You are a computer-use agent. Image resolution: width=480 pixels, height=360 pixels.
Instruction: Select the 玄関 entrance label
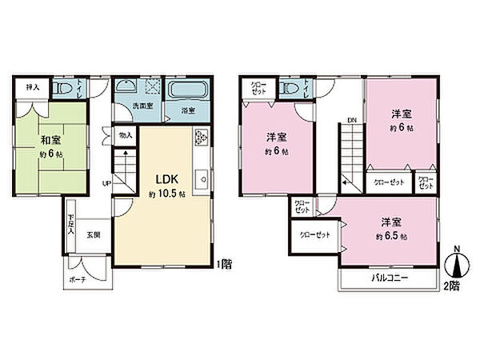click(94, 234)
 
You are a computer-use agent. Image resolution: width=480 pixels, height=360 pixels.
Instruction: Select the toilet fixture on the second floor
click(290, 87)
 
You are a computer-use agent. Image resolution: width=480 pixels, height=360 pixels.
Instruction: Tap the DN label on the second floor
click(351, 121)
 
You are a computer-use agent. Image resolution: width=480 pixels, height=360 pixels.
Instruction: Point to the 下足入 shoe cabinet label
click(71, 222)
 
